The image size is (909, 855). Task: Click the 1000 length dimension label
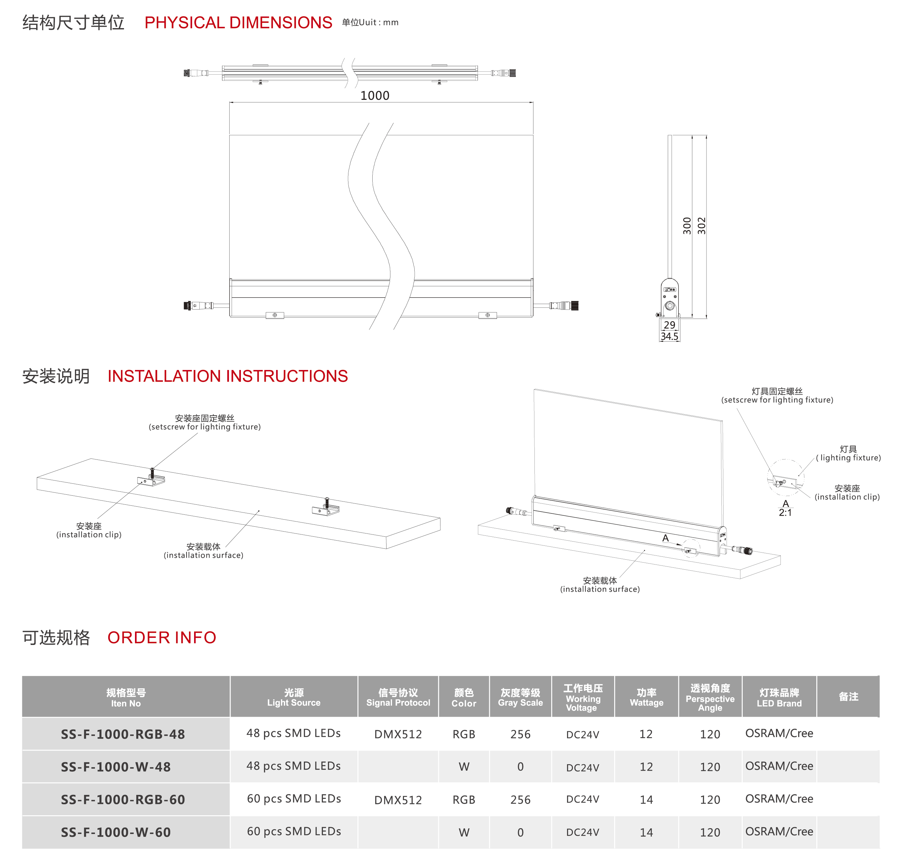[x=375, y=96]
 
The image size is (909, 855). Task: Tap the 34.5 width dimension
[x=669, y=336]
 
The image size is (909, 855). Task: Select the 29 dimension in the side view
[x=669, y=325]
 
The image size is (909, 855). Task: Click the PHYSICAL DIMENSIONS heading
[x=238, y=22]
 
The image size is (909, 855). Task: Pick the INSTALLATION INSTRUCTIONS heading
[x=228, y=376]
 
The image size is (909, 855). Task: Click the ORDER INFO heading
[x=162, y=637]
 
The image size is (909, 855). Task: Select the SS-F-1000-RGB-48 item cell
[x=123, y=734]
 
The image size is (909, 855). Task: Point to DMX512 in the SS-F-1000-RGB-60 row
[x=398, y=800]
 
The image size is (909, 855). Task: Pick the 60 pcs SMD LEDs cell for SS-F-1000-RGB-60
[x=294, y=799]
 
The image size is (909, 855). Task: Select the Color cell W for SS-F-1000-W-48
[x=464, y=767]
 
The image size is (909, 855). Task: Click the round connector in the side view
[x=670, y=306]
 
